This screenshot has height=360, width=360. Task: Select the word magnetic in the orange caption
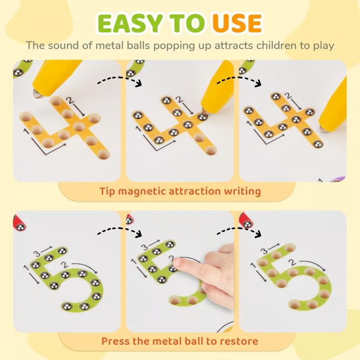(x=140, y=191)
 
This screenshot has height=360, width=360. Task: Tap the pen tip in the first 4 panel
(x=36, y=93)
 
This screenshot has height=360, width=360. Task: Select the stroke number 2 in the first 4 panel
(x=69, y=99)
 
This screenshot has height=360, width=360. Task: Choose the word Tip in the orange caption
(x=109, y=191)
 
